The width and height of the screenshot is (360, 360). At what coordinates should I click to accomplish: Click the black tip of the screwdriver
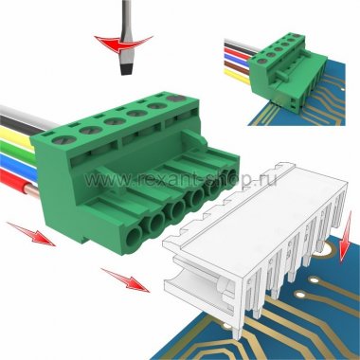coord(126,68)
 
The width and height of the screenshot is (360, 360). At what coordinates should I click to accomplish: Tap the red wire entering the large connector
coord(16,181)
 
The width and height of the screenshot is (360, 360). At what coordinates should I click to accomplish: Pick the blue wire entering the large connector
coord(17,164)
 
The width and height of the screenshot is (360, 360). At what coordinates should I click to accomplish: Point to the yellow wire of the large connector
coord(16,136)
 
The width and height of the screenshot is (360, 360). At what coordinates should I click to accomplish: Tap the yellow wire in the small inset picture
coord(237,75)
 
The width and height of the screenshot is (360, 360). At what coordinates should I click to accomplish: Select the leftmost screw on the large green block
coord(64,139)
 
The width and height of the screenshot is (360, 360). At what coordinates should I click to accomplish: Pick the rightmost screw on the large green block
coord(177,99)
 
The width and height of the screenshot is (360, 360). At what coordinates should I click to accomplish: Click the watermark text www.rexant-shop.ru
coord(181,180)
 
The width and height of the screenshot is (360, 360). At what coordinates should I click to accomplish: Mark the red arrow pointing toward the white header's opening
coord(125,279)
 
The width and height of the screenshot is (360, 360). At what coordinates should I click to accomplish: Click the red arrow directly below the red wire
coord(31,234)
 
